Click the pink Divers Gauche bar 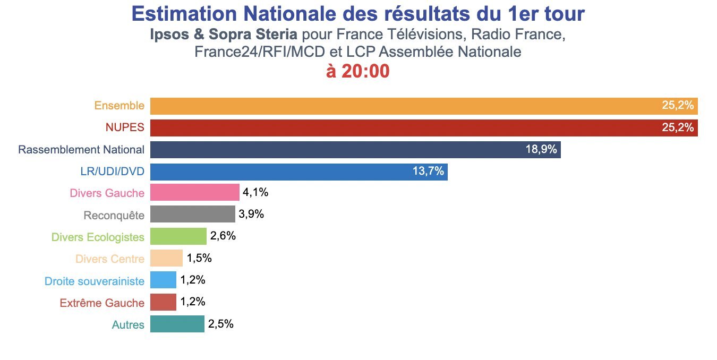194,193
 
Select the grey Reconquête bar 192,215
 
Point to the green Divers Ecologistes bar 178,236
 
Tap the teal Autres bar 177,324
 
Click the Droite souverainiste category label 94,281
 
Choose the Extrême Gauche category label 101,303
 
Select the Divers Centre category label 109,259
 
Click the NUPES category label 125,128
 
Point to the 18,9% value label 541,150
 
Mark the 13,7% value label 428,172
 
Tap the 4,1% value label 255,193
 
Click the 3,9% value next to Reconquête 251,215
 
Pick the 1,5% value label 199,259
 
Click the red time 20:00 365,72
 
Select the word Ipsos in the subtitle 166,35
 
